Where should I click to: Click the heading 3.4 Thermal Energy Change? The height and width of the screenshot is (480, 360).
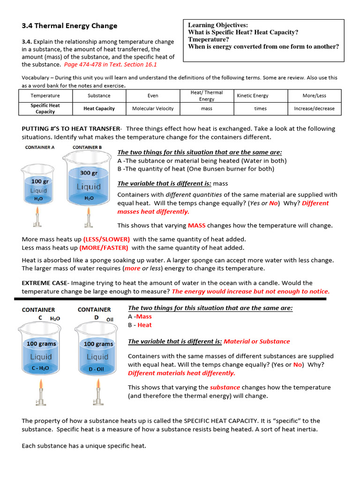click(69, 26)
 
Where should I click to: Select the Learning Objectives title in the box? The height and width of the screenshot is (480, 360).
click(218, 25)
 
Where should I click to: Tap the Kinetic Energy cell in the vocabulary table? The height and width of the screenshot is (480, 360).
click(253, 96)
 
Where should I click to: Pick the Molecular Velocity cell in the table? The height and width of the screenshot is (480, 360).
click(153, 108)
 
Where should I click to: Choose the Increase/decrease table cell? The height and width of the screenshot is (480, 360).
click(314, 108)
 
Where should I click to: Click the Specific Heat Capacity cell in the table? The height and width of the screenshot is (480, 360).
click(45, 109)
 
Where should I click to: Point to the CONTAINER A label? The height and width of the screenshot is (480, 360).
click(40, 147)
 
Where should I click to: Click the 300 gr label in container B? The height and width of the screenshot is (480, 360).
click(89, 173)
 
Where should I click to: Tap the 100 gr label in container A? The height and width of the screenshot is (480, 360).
click(39, 181)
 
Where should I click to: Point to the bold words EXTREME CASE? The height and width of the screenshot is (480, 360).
click(45, 283)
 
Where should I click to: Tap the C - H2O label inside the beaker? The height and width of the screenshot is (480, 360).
click(41, 368)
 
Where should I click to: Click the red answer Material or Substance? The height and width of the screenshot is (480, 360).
click(257, 341)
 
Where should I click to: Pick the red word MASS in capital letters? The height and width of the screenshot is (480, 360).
click(196, 225)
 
